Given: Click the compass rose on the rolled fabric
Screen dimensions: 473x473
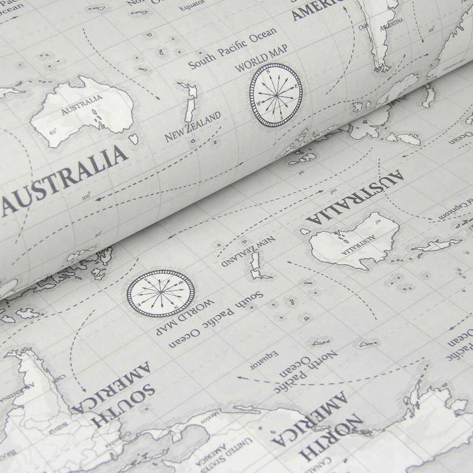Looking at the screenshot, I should click(x=276, y=95).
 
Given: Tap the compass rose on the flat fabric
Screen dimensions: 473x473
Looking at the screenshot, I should click(x=160, y=292).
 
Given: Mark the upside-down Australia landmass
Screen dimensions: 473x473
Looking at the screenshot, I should click(x=354, y=240).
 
